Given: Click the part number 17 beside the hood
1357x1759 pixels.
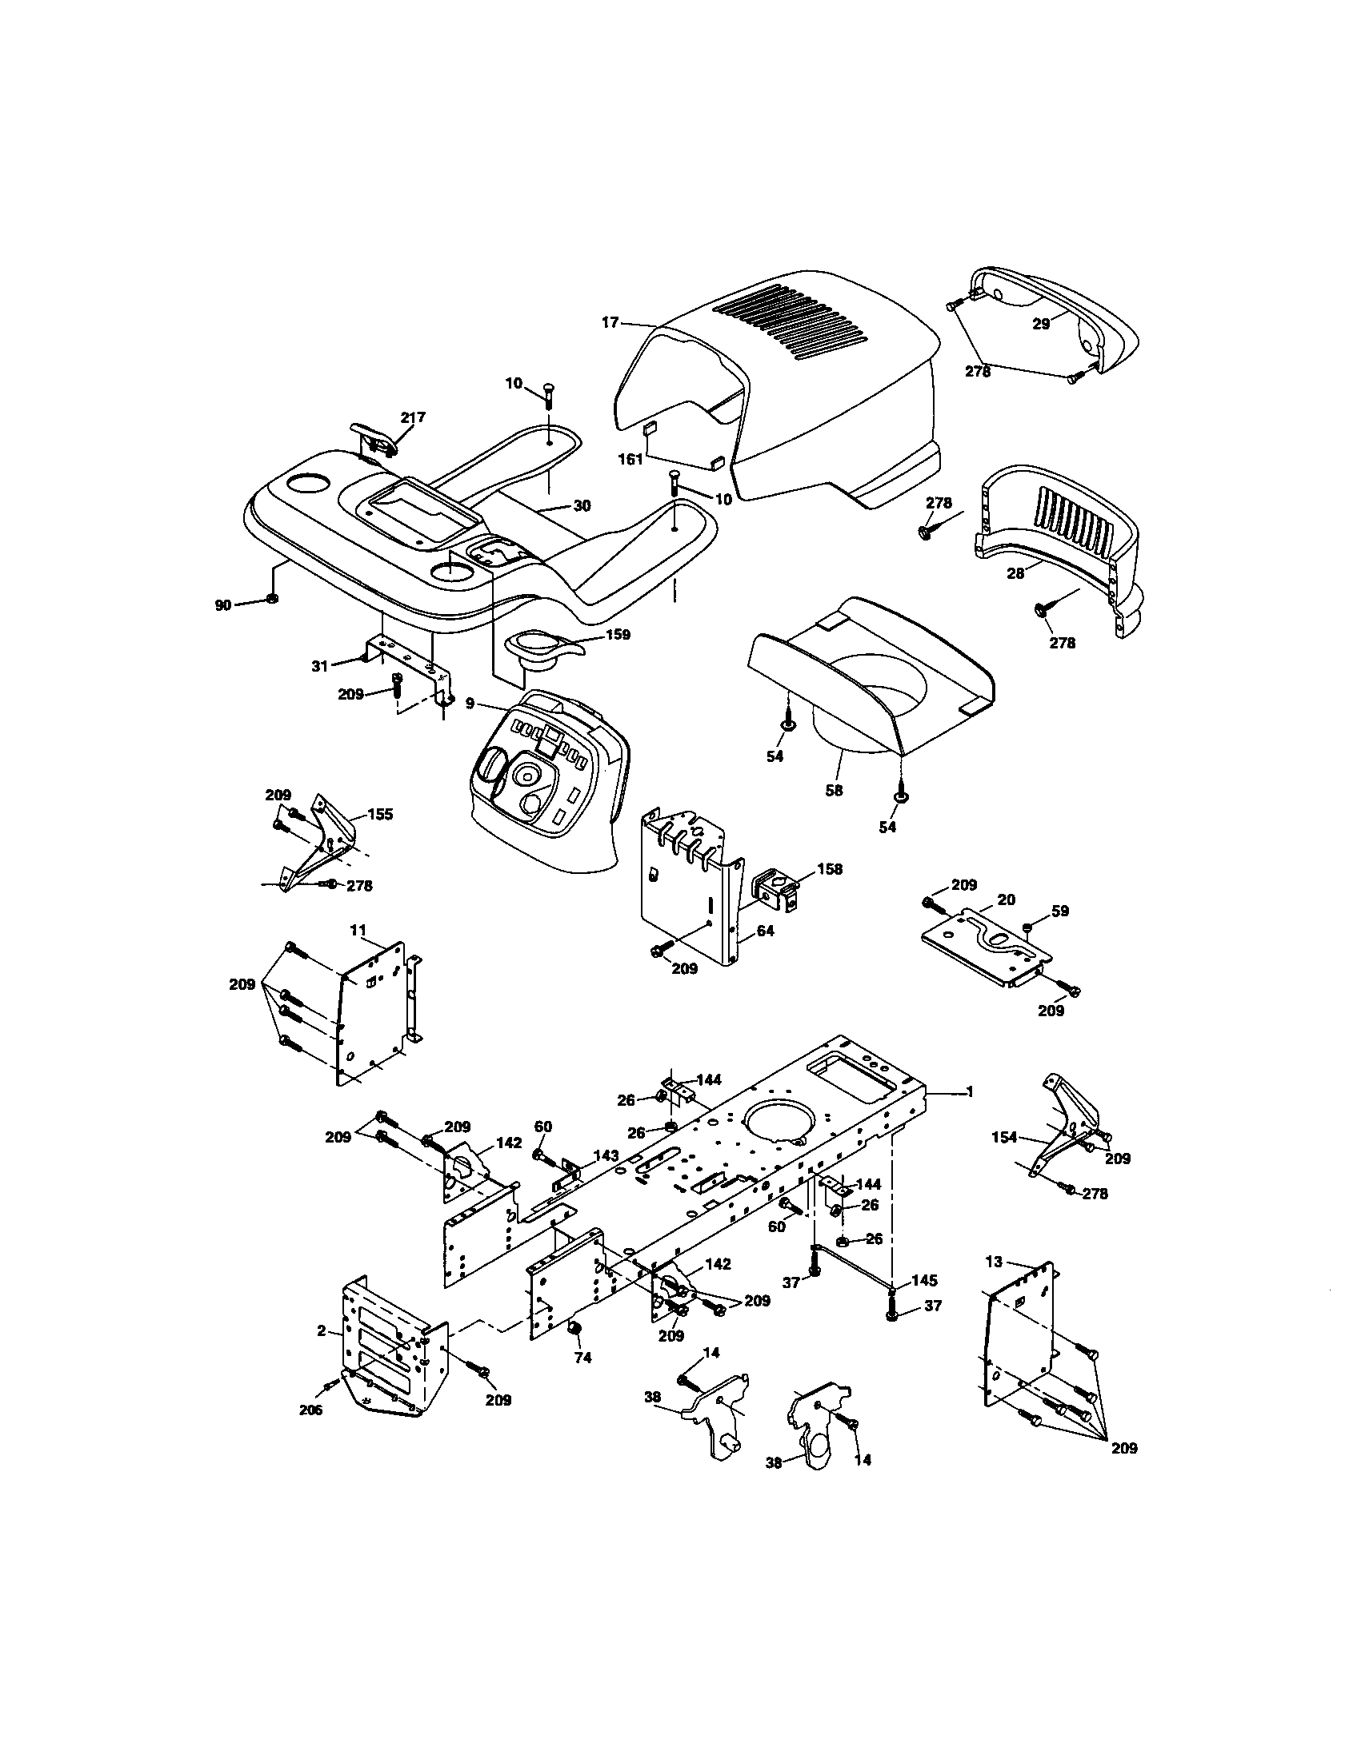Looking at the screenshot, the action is pos(610,322).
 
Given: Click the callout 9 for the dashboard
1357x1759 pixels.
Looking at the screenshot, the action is pos(470,702).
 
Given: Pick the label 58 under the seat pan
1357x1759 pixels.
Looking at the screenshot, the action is pos(834,790).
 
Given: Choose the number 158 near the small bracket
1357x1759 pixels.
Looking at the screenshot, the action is pos(829,869).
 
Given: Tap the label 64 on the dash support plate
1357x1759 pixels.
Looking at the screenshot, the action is pos(765,931).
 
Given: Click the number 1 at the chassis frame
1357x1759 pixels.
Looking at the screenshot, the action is pos(971,1091).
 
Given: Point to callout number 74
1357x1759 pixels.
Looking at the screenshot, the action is pos(582,1357).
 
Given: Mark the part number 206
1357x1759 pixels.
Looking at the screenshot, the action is pos(310,1410).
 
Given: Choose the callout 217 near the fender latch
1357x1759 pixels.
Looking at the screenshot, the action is pos(413,417).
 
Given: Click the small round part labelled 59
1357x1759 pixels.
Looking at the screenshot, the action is pos(1029,929).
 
